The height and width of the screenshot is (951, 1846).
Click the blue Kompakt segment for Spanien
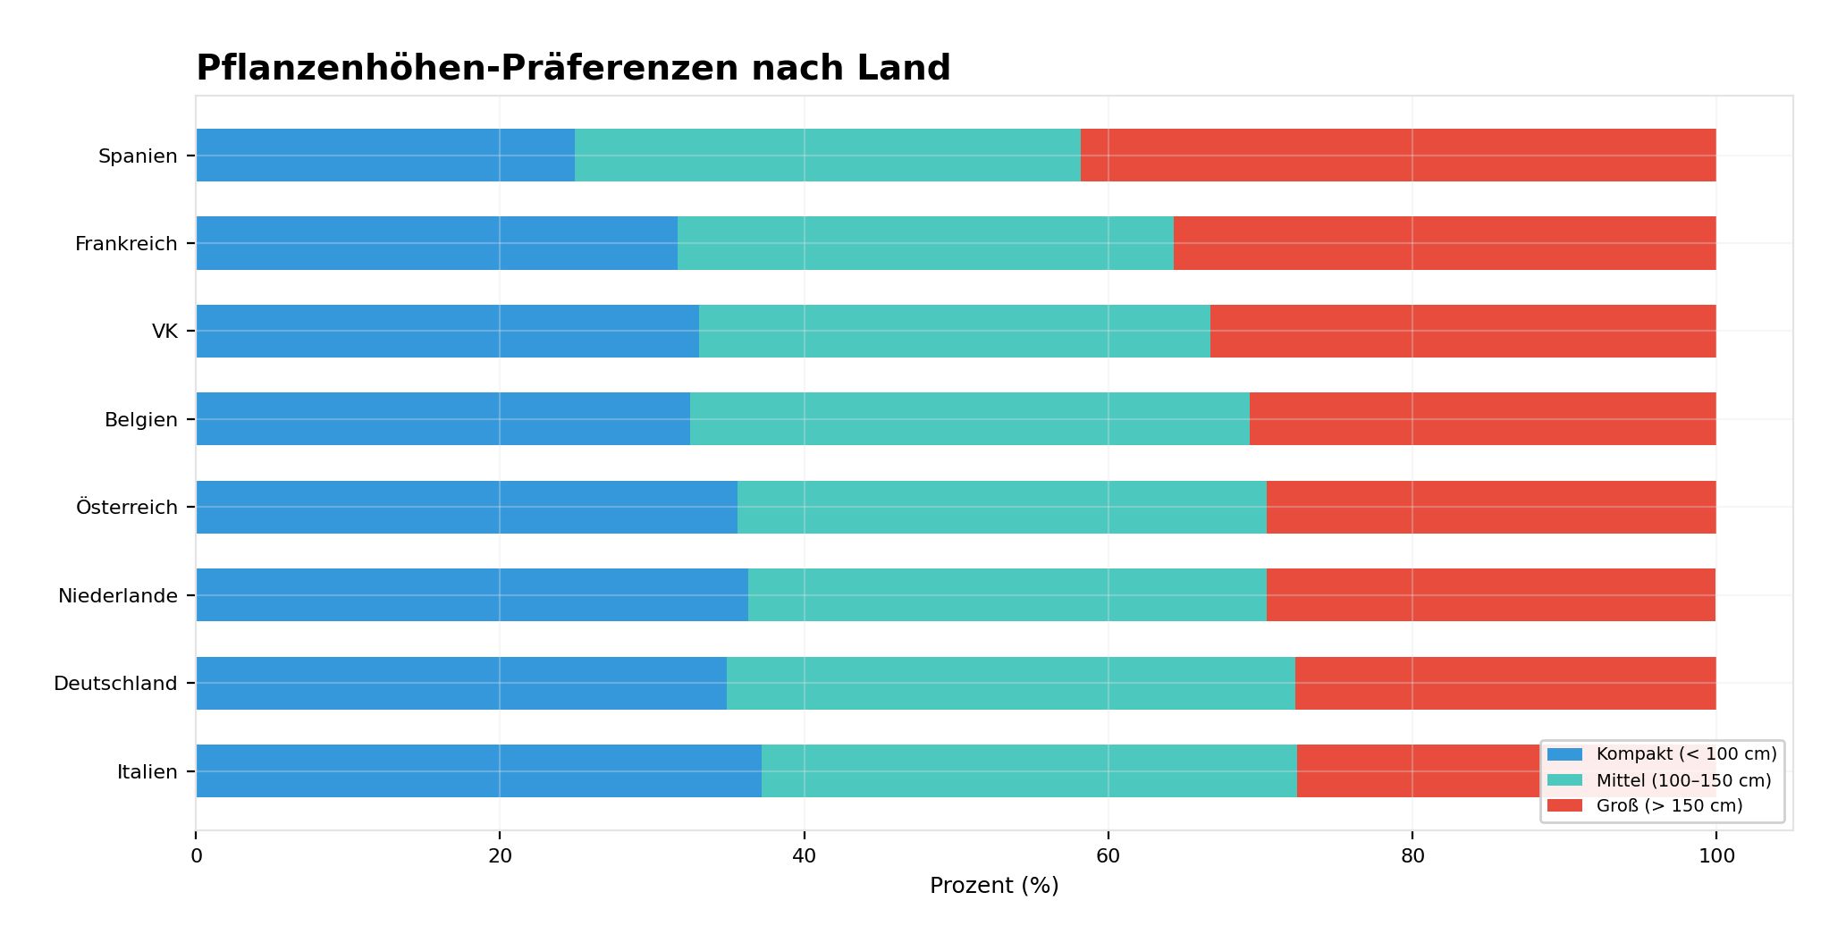385,156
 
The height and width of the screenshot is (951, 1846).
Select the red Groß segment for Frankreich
1444,243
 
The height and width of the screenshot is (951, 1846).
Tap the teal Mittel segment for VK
954,331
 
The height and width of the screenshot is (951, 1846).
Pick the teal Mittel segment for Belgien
969,419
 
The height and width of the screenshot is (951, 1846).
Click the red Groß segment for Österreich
1490,507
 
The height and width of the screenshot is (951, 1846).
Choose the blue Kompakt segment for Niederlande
472,595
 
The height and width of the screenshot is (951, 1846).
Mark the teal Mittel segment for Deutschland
1010,683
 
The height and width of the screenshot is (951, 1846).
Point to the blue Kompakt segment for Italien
478,771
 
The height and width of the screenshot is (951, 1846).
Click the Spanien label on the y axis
138,156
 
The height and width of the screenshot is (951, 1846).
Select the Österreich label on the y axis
127,508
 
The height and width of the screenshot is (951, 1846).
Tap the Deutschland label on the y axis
115,684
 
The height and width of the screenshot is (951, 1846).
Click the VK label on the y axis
164,332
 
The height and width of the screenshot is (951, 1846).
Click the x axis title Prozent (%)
993,886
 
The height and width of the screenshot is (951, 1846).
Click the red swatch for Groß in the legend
1564,806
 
